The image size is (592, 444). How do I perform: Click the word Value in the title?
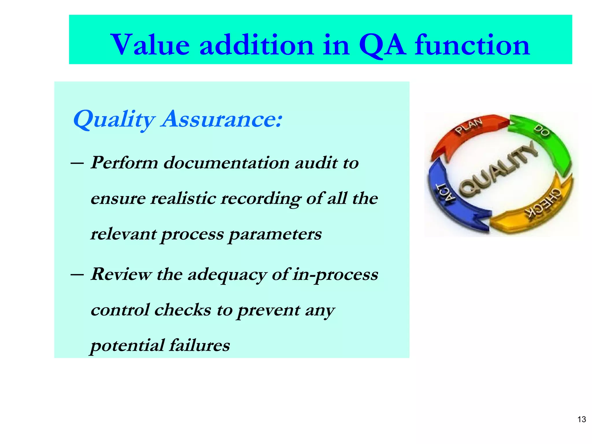tap(150, 45)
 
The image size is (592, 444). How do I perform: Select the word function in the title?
tap(472, 45)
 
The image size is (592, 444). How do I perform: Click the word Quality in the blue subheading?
tap(114, 119)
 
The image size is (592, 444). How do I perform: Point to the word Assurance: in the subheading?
tap(222, 119)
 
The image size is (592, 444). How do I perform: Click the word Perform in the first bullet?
tap(124, 163)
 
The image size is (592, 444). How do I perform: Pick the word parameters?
tap(275, 234)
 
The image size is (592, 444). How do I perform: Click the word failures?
tap(199, 345)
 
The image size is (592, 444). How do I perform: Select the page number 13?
tap(581, 419)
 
